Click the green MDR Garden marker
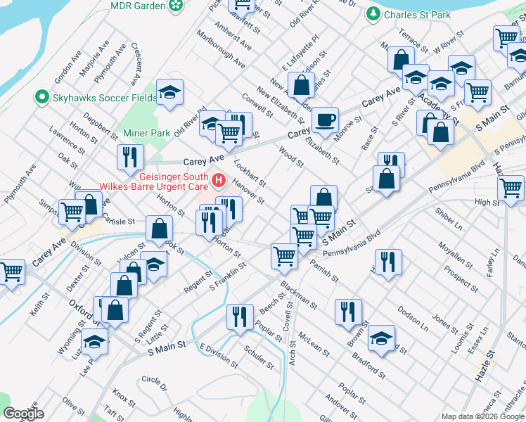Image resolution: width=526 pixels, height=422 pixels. pos(176,6)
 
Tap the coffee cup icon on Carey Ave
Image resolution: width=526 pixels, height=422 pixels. pos(325,120)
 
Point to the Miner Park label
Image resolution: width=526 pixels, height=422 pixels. pos(146,133)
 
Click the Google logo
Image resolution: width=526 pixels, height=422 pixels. pos(23,414)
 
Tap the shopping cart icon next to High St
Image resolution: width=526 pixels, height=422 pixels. pos(511,187)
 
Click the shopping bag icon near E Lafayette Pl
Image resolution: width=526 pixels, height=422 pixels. pos(301,84)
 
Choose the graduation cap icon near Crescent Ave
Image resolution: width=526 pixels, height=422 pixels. pos(169,93)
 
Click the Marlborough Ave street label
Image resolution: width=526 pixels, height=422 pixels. pos(221,49)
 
